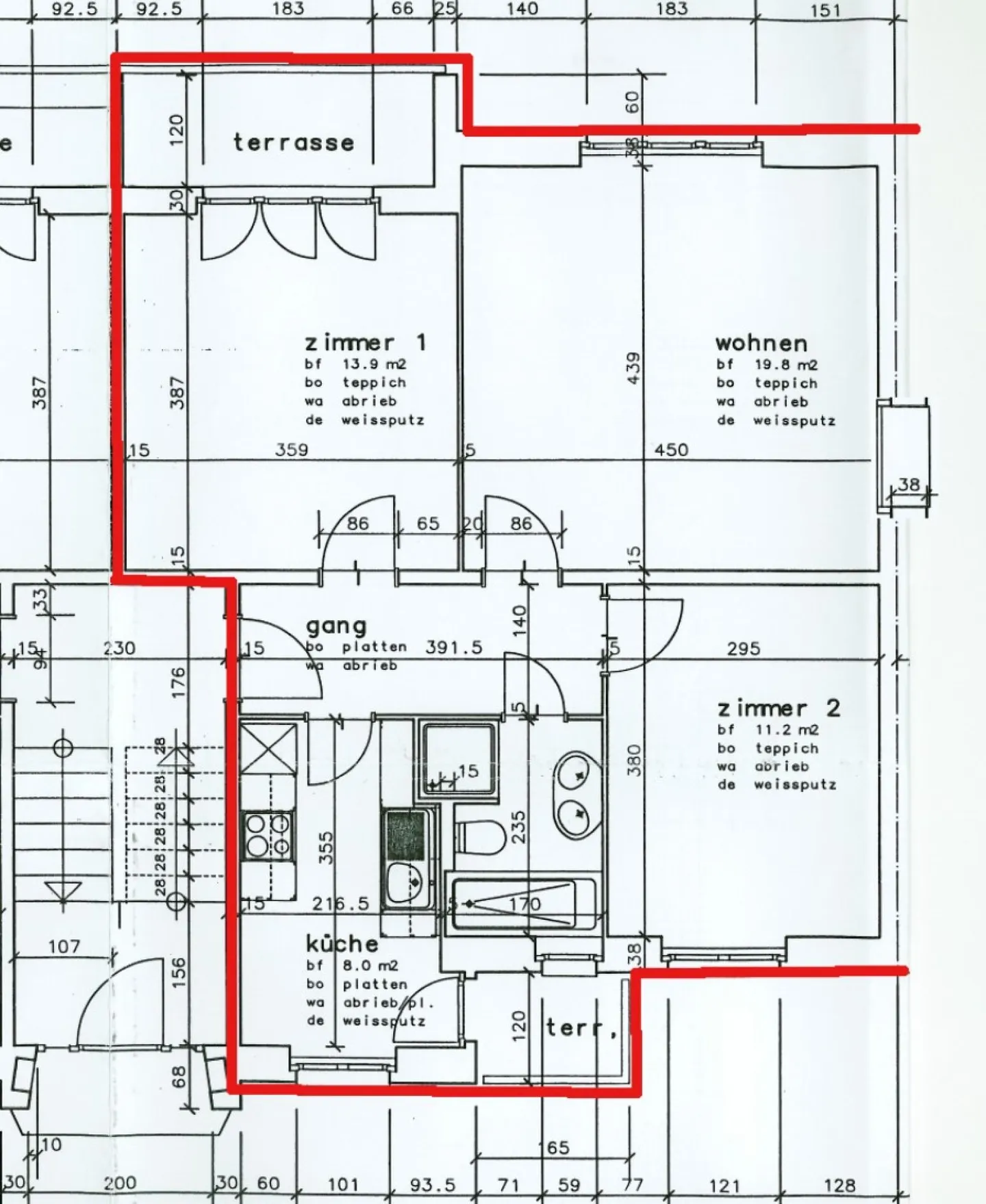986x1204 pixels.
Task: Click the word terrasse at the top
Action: pos(293,142)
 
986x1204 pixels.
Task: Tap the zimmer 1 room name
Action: pos(365,342)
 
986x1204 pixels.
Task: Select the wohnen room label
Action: pos(761,342)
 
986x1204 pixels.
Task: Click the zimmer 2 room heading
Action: pos(778,708)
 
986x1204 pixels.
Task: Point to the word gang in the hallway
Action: pos(336,626)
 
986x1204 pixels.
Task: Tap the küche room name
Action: pos(342,944)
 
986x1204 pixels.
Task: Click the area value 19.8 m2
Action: pos(786,365)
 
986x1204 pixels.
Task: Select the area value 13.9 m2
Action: pos(374,364)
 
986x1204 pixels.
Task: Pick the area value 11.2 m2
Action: pos(787,730)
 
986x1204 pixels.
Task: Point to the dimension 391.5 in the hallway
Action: pos(454,647)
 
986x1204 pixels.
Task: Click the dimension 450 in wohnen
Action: pos(671,450)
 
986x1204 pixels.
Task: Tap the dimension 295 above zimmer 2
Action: pos(744,648)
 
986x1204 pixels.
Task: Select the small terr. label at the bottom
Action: pos(581,1027)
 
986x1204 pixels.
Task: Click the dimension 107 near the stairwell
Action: pos(64,946)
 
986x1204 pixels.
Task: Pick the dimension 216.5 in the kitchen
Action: pos(340,904)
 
